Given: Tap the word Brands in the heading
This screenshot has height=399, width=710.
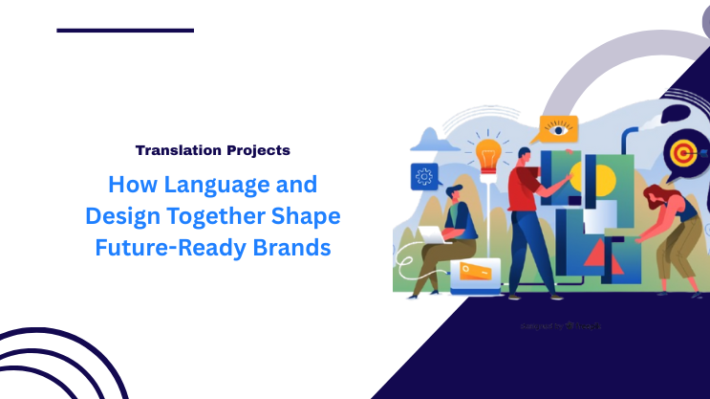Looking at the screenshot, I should coord(290,247).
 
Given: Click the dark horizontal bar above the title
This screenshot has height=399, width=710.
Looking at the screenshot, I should coord(125,31).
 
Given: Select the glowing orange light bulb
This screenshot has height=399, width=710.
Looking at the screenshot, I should coord(488,153).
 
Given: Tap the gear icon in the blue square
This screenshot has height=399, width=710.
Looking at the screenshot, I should coord(423,177).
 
